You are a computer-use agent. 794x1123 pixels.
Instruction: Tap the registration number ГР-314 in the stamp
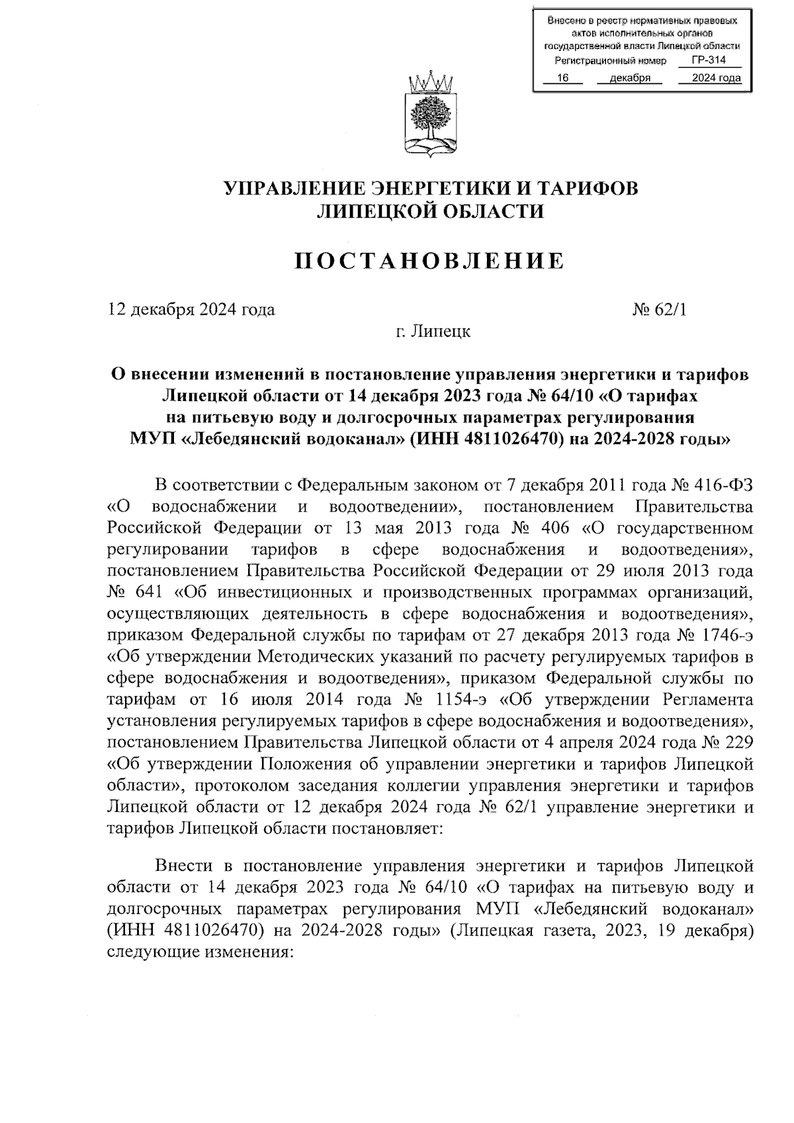point(709,60)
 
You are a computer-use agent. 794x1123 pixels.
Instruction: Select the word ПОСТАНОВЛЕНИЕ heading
point(429,261)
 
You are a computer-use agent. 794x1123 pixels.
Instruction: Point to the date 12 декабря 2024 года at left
point(191,309)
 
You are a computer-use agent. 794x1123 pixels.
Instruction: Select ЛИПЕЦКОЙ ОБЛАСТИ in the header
point(430,211)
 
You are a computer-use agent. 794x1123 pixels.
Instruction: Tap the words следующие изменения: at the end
point(198,952)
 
